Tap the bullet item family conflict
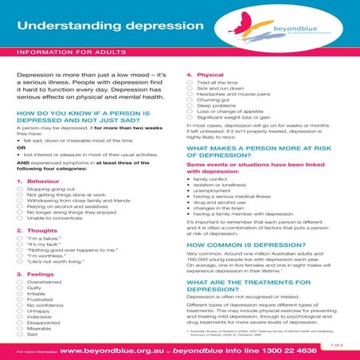213,179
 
